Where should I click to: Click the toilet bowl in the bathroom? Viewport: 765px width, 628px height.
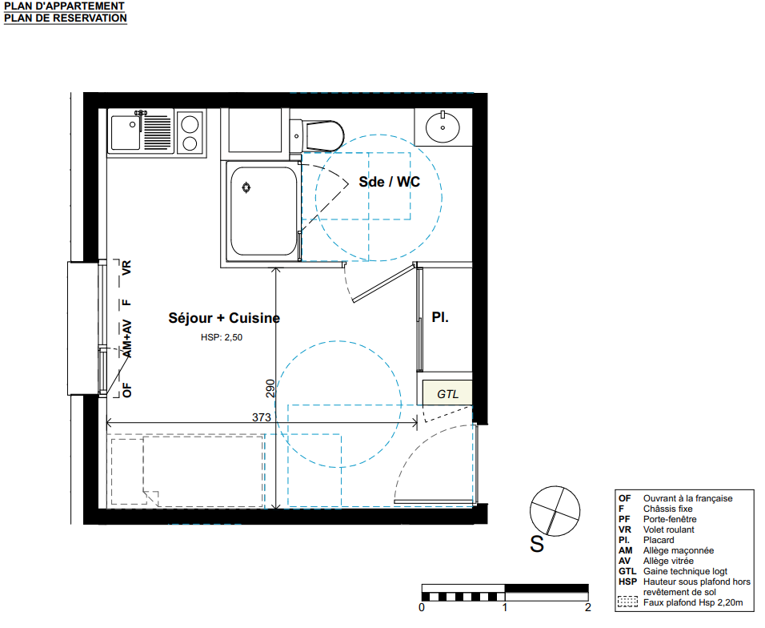click(324, 136)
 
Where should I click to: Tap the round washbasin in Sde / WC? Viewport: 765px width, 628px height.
click(443, 127)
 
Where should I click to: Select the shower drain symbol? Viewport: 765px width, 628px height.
click(246, 187)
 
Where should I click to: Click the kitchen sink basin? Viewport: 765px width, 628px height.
click(126, 132)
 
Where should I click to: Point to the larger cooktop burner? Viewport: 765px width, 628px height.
click(190, 124)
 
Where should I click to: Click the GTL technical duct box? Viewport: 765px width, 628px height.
click(447, 392)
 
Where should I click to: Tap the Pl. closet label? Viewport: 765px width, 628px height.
click(440, 317)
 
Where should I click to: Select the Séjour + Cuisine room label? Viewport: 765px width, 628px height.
click(224, 318)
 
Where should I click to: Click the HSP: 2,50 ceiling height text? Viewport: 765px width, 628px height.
click(222, 337)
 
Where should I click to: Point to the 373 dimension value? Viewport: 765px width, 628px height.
click(262, 417)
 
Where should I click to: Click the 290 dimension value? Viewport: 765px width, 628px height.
click(270, 388)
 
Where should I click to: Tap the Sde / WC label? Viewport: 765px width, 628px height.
click(390, 182)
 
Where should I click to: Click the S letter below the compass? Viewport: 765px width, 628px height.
click(537, 544)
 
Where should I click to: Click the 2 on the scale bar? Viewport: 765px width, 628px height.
click(588, 607)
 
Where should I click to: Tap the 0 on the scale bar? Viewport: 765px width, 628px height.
click(422, 607)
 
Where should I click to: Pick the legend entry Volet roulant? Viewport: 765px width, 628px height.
click(668, 529)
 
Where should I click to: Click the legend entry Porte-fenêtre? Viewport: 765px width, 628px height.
click(669, 519)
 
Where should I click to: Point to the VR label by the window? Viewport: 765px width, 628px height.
click(126, 268)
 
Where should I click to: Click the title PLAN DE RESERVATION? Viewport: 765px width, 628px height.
click(66, 18)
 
